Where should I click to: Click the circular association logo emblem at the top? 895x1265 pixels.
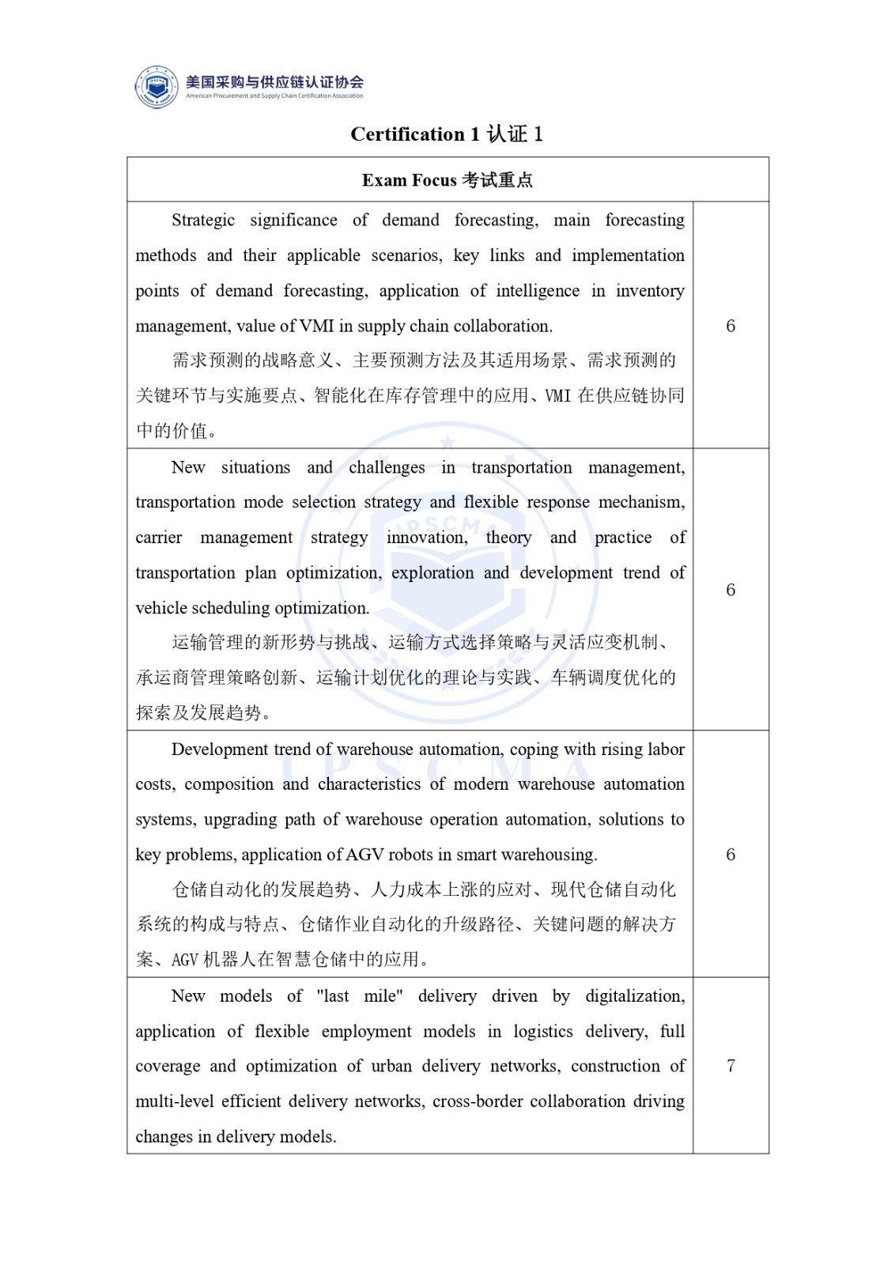[157, 86]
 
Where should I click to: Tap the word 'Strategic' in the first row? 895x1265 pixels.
[203, 220]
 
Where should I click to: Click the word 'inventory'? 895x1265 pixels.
[650, 291]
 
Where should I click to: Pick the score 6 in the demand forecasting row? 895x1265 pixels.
[731, 326]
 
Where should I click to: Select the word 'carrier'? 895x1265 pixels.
[158, 538]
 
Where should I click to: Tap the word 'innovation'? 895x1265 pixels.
[426, 538]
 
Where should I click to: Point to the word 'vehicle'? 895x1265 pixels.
[160, 608]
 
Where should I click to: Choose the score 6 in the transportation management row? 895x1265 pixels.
[731, 590]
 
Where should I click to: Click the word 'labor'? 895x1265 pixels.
[665, 750]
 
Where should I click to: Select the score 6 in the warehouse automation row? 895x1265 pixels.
[731, 855]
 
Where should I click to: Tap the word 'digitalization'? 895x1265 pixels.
[634, 996]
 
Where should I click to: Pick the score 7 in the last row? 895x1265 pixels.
[731, 1066]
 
